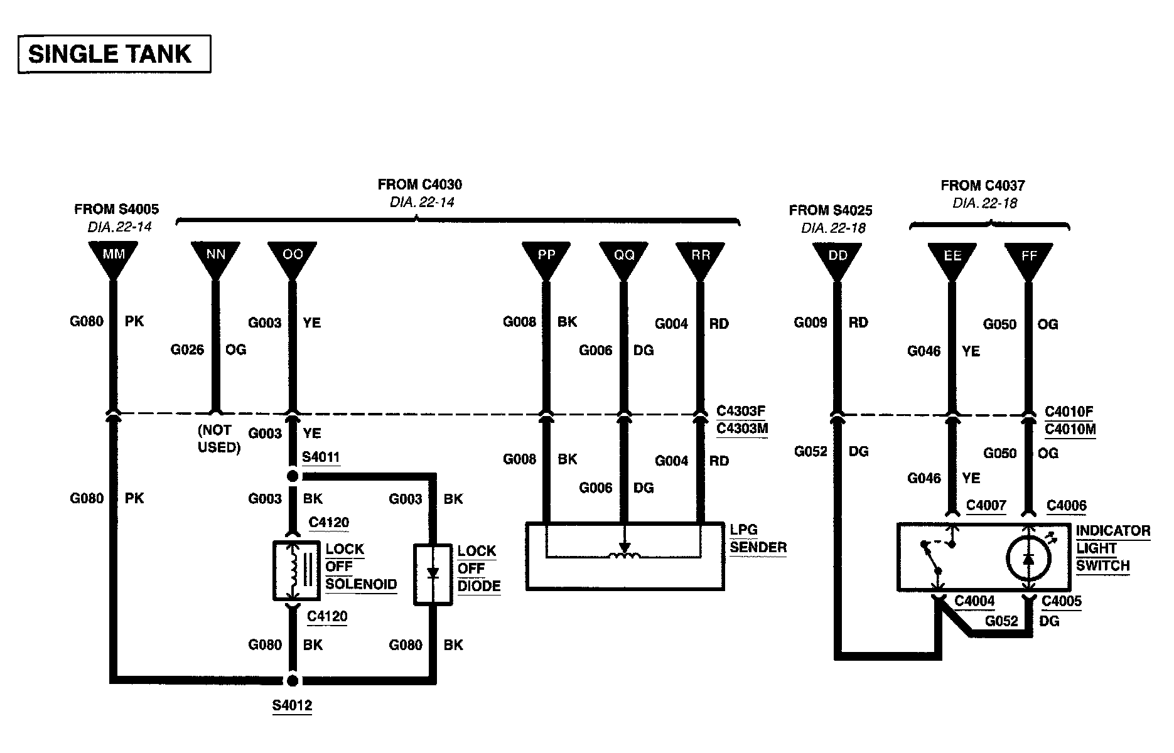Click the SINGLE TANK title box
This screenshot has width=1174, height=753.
[x=114, y=55]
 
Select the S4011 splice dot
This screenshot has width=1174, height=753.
[x=292, y=476]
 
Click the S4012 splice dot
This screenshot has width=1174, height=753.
[x=292, y=681]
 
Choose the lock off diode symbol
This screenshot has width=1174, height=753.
[x=433, y=574]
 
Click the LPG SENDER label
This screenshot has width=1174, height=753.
[x=758, y=538]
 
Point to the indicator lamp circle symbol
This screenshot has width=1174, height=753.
[x=1028, y=558]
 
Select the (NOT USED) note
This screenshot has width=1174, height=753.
[x=218, y=439]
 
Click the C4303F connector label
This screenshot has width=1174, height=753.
[x=741, y=411]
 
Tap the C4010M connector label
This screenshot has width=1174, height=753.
[x=1070, y=429]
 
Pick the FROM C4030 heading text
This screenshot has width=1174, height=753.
[x=419, y=184]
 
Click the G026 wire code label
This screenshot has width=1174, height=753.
[x=187, y=350]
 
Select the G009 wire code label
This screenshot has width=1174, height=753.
[x=810, y=323]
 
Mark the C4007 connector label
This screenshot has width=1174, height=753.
[x=986, y=505]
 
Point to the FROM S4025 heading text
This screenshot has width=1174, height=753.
[x=831, y=210]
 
